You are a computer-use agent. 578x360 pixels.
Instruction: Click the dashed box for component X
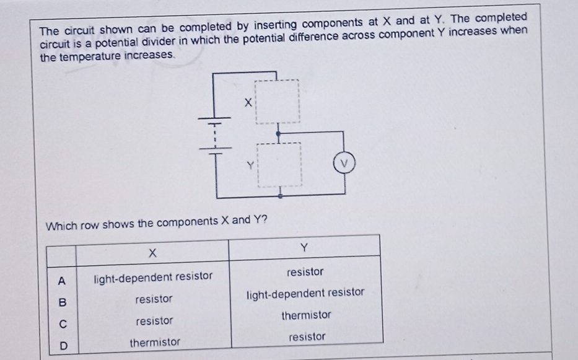pos(278,101)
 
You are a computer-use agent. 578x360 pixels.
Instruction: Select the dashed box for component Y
pos(280,166)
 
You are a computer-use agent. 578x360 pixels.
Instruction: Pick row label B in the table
pos(61,302)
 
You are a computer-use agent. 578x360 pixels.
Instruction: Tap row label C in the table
pos(61,323)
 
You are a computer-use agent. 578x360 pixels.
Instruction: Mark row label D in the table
pos(61,345)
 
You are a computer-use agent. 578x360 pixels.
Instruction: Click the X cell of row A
pos(153,276)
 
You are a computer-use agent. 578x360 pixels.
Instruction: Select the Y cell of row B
pos(305,292)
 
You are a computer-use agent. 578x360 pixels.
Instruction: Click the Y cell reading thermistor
pos(306,315)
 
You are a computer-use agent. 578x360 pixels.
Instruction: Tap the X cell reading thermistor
pos(155,342)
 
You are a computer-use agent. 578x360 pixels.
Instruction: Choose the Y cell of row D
pos(307,336)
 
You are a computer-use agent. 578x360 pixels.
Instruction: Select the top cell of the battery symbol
pos(214,118)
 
